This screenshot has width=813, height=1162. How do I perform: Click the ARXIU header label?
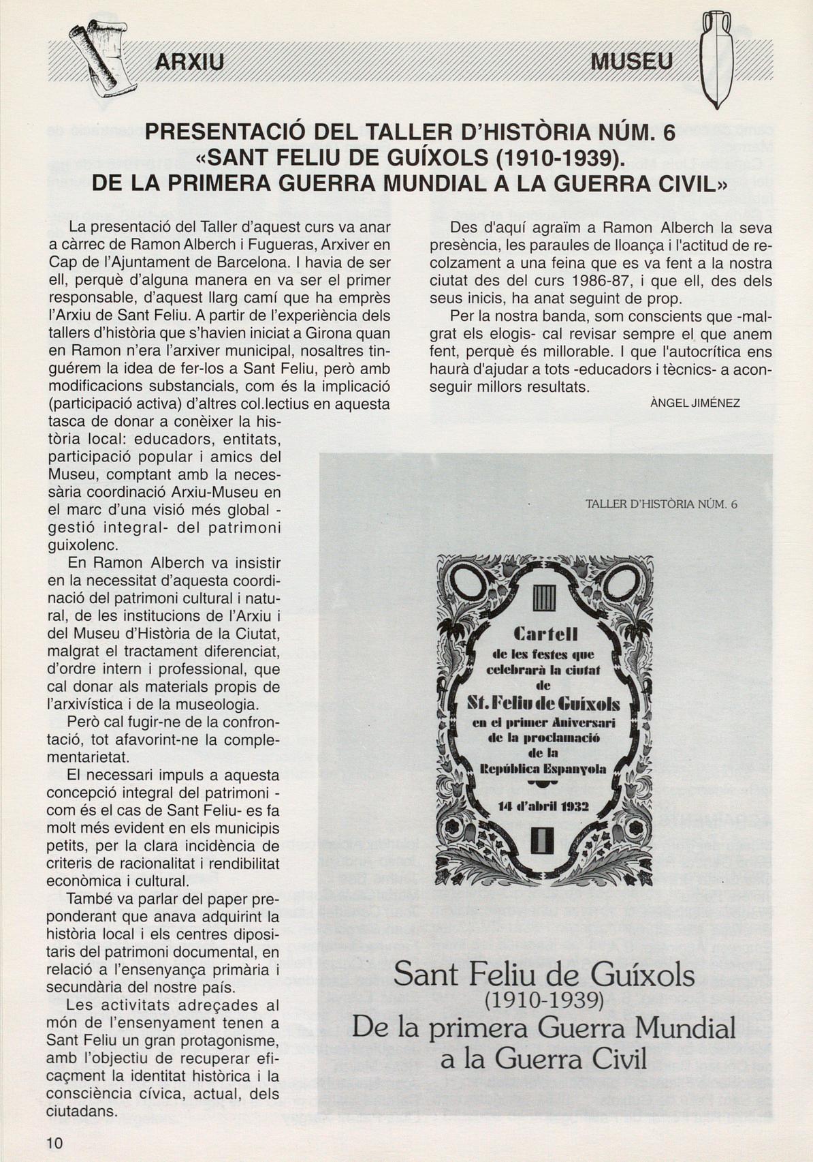(189, 62)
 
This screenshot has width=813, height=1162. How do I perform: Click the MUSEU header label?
(631, 61)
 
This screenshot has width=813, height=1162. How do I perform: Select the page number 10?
(55, 1143)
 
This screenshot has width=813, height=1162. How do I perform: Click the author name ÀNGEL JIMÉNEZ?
(695, 403)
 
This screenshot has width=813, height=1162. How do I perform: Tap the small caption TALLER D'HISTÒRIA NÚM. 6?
(661, 504)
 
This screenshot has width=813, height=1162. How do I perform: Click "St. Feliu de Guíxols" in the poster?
(543, 703)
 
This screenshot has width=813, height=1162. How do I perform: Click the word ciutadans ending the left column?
(81, 1112)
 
